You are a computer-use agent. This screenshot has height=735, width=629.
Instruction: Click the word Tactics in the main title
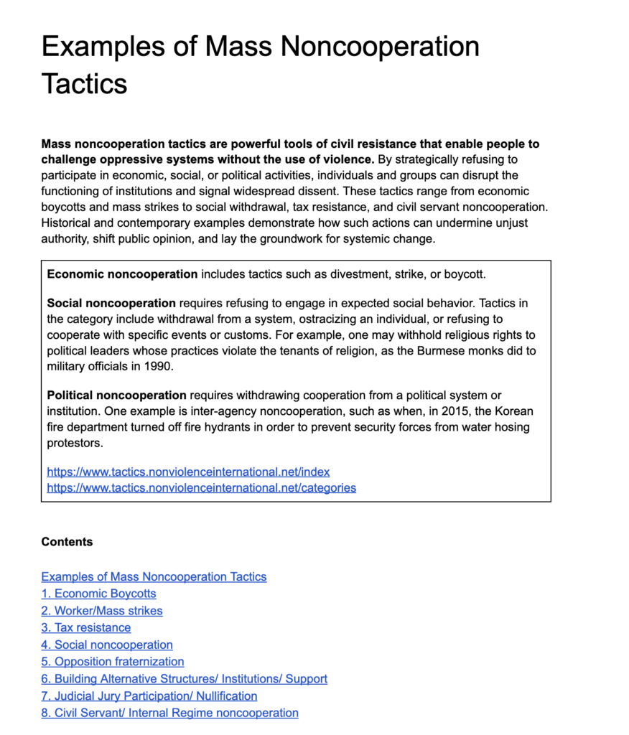click(84, 83)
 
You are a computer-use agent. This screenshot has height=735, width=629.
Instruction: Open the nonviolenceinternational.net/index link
click(188, 472)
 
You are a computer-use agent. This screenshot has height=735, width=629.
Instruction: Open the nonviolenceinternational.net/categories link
click(201, 487)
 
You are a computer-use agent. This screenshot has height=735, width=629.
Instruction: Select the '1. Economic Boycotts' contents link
click(98, 594)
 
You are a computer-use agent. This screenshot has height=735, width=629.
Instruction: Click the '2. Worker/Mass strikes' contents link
click(102, 611)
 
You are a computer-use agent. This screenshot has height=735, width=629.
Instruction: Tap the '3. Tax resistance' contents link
click(86, 627)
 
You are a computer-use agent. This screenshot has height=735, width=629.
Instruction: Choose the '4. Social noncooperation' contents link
click(107, 645)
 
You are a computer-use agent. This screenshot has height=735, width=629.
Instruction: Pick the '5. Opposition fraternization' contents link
click(113, 661)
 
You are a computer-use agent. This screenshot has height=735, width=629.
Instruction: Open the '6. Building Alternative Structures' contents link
click(184, 678)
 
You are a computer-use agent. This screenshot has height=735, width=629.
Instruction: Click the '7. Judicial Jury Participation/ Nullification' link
click(149, 696)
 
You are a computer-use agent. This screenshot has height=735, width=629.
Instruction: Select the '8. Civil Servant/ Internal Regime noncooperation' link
click(169, 713)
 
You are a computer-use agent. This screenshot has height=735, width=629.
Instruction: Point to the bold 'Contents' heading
click(67, 542)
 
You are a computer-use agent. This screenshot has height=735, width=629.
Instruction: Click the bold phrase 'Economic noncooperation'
click(122, 274)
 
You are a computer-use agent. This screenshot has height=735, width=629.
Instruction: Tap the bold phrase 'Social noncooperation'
click(111, 303)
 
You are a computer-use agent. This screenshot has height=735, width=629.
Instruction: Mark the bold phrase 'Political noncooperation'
click(116, 395)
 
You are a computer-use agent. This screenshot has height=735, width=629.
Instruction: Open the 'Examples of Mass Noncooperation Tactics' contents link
click(154, 576)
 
